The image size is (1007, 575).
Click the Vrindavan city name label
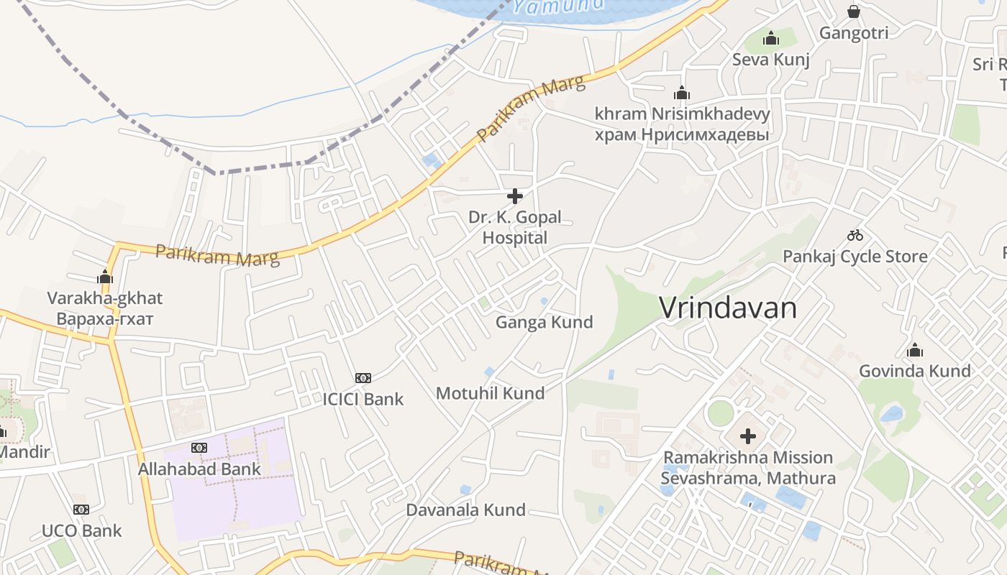[x=728, y=308]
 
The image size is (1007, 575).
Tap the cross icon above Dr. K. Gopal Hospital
[x=515, y=195]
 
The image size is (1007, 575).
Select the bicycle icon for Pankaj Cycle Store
[x=855, y=235]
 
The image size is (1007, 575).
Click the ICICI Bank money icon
[x=363, y=378]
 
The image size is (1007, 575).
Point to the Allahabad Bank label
[x=199, y=469]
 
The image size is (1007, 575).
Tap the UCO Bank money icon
[x=81, y=510]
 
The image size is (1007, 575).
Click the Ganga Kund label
[x=544, y=322]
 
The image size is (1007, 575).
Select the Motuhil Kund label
[x=490, y=393]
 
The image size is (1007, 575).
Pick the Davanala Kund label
[x=465, y=510]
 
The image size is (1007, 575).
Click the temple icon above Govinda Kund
[x=915, y=350]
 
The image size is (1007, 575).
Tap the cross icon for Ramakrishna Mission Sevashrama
[x=748, y=436]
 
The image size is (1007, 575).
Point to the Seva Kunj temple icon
[x=771, y=38]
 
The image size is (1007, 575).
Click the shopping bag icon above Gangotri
[x=854, y=11]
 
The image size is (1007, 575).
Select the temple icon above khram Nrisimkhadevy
[x=681, y=93]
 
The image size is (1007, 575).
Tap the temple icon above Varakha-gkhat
[x=105, y=277]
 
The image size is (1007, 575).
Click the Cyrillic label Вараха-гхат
[x=105, y=318]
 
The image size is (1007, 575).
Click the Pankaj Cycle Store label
[x=855, y=256]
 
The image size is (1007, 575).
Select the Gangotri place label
[x=854, y=32]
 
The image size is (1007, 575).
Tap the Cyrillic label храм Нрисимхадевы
[x=682, y=134]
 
